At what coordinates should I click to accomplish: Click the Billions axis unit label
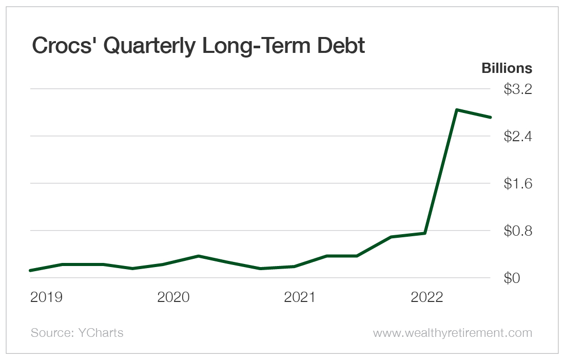click(506, 68)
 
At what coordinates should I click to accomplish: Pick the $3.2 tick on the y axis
click(518, 89)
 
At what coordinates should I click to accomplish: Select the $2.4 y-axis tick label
click(518, 137)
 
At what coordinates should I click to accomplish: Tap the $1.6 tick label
click(518, 183)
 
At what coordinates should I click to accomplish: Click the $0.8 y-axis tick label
click(518, 231)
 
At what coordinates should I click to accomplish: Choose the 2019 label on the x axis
click(46, 297)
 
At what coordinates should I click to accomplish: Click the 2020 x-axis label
click(173, 297)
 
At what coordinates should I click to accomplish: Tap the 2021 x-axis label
click(300, 297)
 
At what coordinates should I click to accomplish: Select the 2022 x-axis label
click(427, 297)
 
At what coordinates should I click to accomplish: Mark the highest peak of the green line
click(457, 110)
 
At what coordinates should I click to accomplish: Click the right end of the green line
click(491, 117)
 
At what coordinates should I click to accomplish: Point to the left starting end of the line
click(31, 270)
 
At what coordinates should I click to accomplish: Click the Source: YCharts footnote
click(77, 333)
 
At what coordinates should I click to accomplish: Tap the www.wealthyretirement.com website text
click(452, 333)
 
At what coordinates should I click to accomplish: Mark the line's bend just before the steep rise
click(425, 233)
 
